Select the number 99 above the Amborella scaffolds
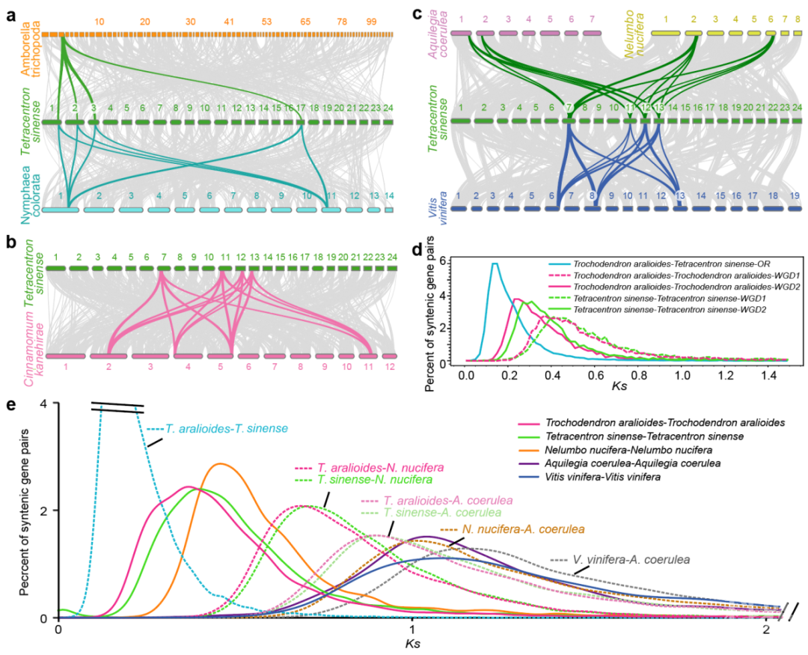372,22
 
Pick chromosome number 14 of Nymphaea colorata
388,196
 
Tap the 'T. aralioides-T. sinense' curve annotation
201,430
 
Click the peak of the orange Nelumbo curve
220,464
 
